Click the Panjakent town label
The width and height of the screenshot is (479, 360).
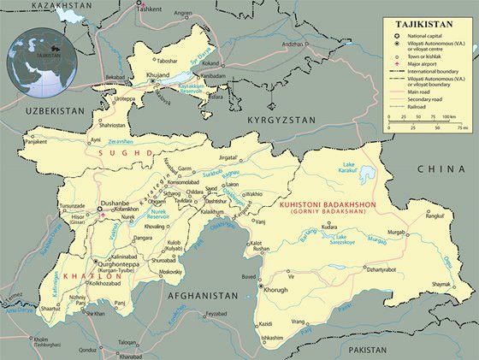[x=34, y=143]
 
